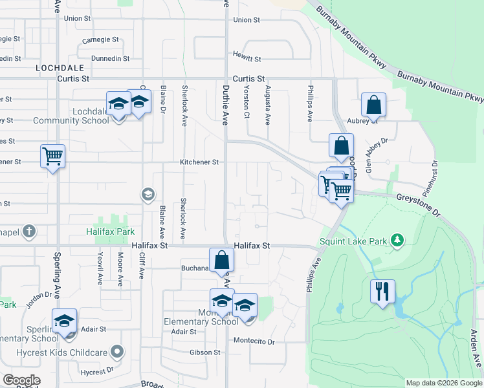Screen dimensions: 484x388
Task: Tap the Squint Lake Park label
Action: click(x=353, y=242)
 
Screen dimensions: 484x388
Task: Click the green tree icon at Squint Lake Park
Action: click(x=397, y=241)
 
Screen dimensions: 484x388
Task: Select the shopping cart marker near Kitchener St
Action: click(x=52, y=155)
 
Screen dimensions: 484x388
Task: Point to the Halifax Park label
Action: click(x=109, y=231)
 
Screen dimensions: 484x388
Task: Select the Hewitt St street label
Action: click(x=247, y=59)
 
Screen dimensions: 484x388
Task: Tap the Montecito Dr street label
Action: click(x=254, y=341)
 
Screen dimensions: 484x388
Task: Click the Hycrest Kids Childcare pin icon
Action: click(x=116, y=352)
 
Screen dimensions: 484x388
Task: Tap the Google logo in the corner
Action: click(x=21, y=380)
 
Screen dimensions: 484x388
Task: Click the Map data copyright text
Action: click(x=443, y=383)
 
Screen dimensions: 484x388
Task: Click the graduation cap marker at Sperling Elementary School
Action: click(x=64, y=321)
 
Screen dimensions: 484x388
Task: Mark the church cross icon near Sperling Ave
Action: click(x=29, y=231)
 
